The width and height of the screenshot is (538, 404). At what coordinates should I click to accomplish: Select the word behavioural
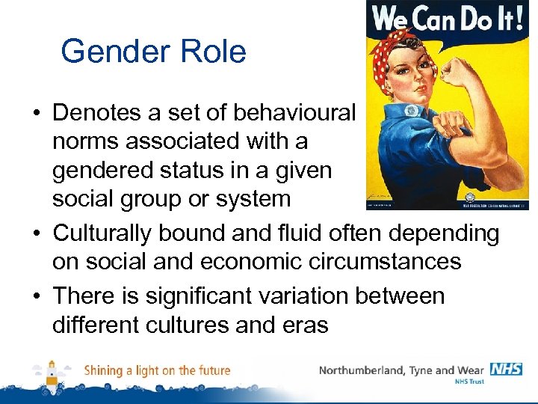tap(295, 112)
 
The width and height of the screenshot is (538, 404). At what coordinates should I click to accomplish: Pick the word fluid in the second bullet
tap(312, 233)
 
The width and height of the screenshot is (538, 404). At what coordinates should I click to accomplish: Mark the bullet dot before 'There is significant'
tap(36, 297)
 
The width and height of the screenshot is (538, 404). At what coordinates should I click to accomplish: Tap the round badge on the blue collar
tap(412, 111)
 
